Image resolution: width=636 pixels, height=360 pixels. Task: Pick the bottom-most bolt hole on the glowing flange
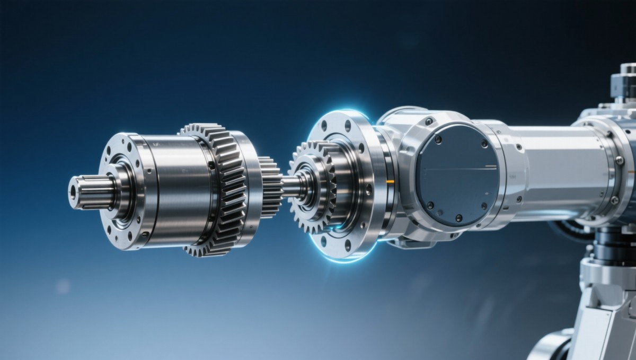coord(347,245)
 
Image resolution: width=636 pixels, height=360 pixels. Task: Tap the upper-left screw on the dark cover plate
coord(438,139)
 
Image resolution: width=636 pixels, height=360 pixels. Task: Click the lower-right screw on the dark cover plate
coord(483,206)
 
